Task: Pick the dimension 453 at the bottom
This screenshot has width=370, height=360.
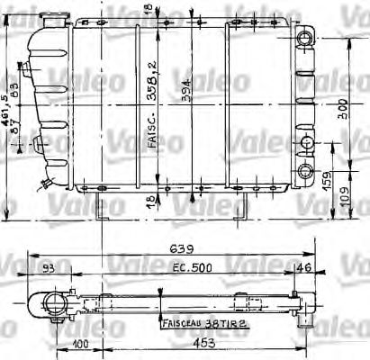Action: click(185, 343)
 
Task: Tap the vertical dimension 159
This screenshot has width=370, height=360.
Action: click(337, 180)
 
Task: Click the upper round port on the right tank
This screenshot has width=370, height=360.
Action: click(308, 40)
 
